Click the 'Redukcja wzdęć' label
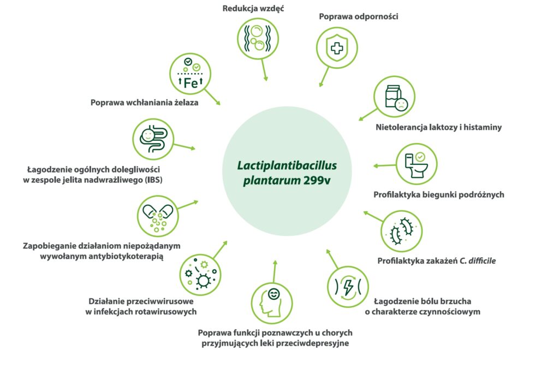pos(253,9)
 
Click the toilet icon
pos(416,163)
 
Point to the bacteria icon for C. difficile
pos(401,230)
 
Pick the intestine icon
pos(153,139)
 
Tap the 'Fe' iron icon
pos(190,75)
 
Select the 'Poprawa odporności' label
pos(359,16)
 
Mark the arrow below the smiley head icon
pos(275,270)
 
